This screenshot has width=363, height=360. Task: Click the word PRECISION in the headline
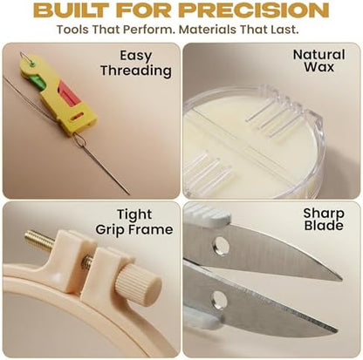(x=256, y=10)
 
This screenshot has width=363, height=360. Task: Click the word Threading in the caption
(x=136, y=71)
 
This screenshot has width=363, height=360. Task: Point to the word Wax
(x=319, y=67)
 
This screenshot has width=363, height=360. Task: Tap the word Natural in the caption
(x=318, y=54)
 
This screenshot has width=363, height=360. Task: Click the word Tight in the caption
(x=134, y=215)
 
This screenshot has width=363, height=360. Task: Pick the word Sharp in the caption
(x=324, y=214)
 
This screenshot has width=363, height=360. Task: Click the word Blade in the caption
(x=324, y=226)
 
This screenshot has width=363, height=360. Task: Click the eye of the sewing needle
(x=79, y=141)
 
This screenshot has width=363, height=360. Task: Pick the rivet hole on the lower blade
(x=219, y=299)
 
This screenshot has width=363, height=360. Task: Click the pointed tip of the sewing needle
(x=129, y=194)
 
